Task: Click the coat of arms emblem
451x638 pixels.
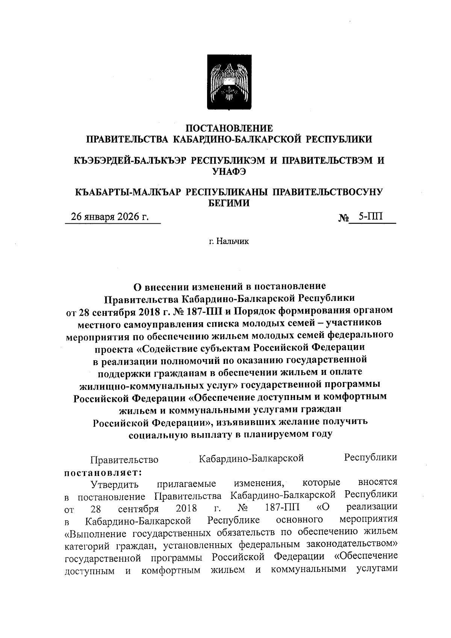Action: [230, 82]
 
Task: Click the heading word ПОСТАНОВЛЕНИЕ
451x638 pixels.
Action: [230, 128]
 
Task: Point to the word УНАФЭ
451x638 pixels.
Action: [229, 171]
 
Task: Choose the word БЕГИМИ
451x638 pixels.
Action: [229, 203]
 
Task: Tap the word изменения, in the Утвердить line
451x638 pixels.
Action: [261, 482]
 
